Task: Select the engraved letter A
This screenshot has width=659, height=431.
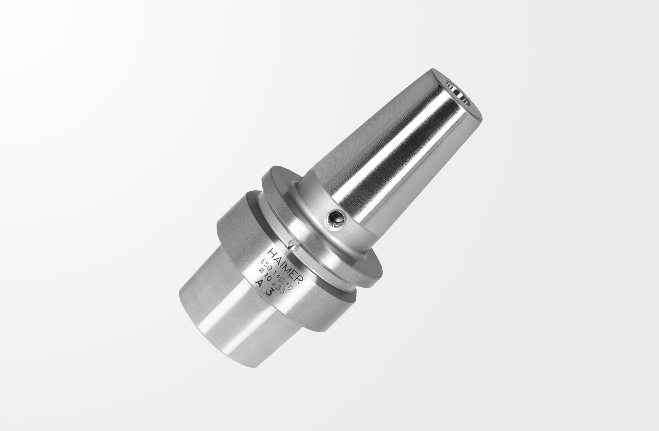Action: click(x=259, y=284)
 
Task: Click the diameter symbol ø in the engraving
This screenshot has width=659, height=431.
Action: click(x=261, y=271)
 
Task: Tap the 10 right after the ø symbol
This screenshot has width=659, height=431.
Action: click(x=267, y=276)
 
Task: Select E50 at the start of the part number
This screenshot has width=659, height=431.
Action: click(x=266, y=265)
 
